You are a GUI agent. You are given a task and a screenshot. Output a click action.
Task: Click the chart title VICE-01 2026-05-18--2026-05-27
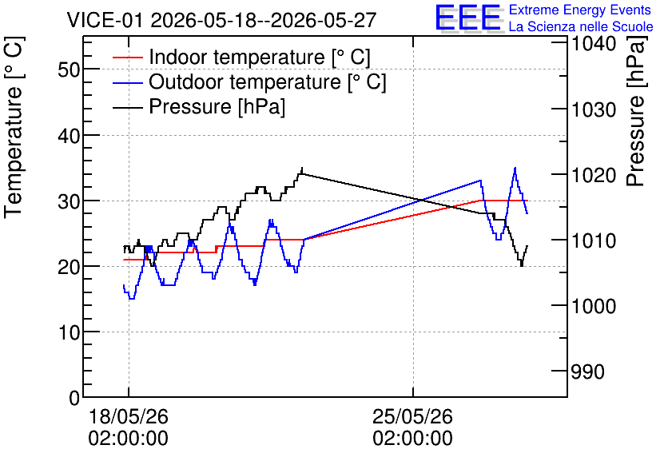221,20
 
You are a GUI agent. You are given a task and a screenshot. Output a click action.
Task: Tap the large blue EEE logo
468,18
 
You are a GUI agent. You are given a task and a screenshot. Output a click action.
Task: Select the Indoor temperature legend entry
241,57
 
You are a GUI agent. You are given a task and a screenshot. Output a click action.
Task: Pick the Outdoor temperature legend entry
249,81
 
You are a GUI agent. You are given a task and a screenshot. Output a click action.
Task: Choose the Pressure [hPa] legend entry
199,106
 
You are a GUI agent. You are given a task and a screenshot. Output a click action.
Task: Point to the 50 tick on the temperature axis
69,70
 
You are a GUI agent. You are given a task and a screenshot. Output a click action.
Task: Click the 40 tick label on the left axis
69,136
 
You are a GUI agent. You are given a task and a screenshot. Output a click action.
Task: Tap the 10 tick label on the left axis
69,332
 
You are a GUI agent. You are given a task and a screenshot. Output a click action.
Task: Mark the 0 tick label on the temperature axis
74,398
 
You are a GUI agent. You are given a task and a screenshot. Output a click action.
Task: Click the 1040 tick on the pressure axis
594,44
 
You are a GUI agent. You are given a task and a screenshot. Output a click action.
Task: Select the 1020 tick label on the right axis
594,175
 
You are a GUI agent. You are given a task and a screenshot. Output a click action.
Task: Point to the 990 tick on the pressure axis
588,372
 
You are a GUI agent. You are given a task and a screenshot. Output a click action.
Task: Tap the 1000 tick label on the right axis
594,306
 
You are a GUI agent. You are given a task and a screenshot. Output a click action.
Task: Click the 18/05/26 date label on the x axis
128,416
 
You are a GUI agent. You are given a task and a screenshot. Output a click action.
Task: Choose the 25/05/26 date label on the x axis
412,416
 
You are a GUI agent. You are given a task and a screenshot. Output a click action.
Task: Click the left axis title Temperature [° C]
14,128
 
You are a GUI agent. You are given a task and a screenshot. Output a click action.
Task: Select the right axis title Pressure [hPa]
636,112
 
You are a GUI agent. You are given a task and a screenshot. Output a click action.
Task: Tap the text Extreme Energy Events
580,10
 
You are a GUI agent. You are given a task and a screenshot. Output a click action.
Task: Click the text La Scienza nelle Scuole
581,26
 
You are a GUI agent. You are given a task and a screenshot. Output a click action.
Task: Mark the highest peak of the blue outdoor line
515,168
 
